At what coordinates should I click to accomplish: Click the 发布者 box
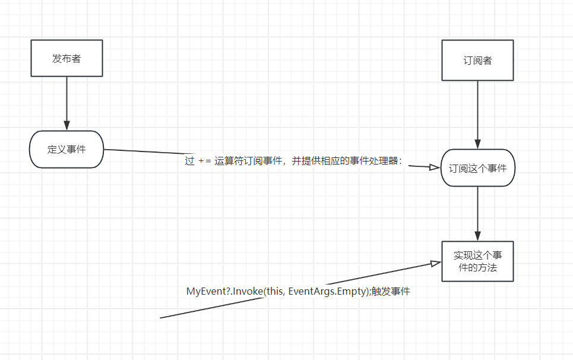coord(67,58)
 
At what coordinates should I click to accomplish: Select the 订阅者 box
coord(477,60)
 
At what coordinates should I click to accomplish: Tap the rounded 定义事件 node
coord(67,149)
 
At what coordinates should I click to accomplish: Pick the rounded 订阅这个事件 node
coord(477,168)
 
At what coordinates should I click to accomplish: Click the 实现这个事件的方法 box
coord(477,261)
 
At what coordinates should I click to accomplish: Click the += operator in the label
coord(205,161)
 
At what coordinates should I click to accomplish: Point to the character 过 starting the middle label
coord(189,161)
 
